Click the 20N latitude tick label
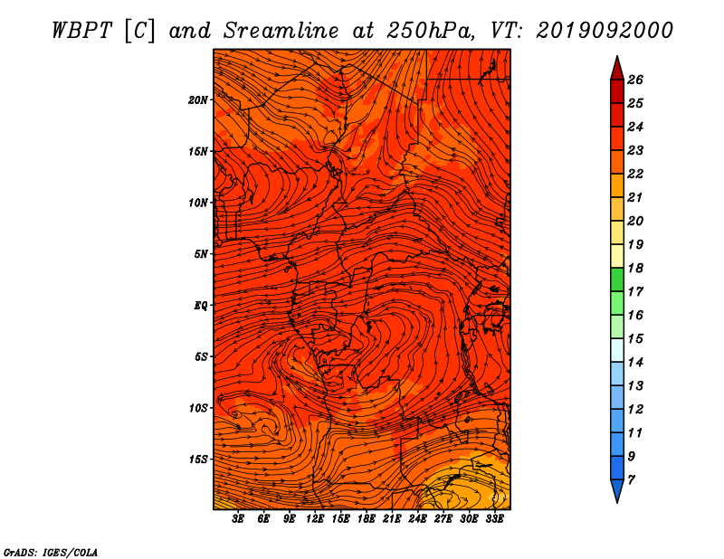pos(197,100)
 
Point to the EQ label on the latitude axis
pos(200,306)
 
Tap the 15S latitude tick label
pos(197,460)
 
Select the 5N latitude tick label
pos(200,254)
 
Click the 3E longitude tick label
pos(238,519)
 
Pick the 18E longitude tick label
pos(367,519)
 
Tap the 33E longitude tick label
pos(494,519)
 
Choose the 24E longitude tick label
pos(417,519)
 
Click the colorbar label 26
pos(635,80)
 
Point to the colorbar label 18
pos(635,268)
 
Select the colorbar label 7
pos(631,480)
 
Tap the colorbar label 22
pos(635,174)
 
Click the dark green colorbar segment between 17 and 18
pos(617,279)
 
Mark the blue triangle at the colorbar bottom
pos(617,489)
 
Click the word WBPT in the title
pos(82,31)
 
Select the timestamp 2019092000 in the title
pos(605,31)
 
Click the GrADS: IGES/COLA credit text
pos(51,553)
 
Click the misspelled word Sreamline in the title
pos(281,31)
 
